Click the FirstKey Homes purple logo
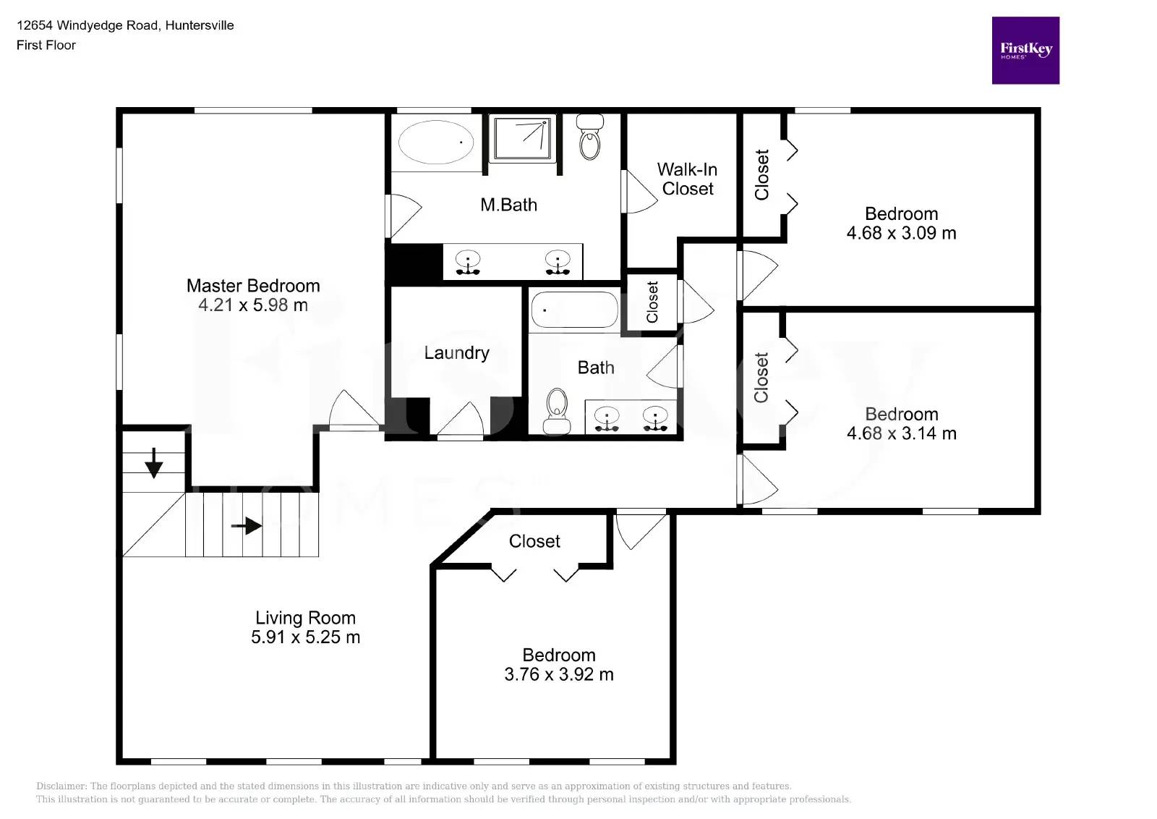1025,51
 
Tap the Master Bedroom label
253,286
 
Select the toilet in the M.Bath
590,137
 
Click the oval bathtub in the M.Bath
436,142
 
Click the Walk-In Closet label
687,179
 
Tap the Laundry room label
456,353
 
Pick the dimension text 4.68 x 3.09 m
901,233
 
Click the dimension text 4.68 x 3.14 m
901,433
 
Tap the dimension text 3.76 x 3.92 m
558,674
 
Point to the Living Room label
305,618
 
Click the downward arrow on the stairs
153,463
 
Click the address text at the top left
125,25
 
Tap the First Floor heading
46,45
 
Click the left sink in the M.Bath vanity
469,262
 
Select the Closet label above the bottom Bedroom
534,541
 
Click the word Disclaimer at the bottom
61,786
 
